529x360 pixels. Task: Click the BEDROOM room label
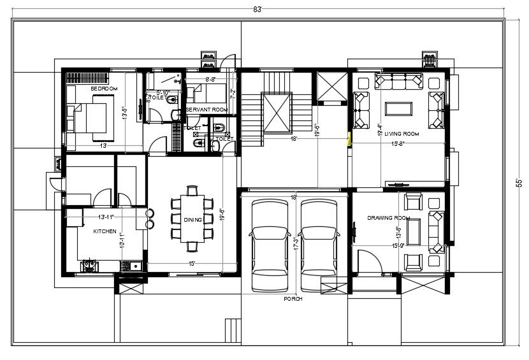[104, 89]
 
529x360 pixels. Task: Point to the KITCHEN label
[105, 231]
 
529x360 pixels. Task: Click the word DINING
[192, 220]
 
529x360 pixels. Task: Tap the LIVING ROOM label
[402, 134]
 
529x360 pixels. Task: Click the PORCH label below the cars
[293, 298]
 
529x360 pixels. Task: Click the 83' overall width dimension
[258, 10]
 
